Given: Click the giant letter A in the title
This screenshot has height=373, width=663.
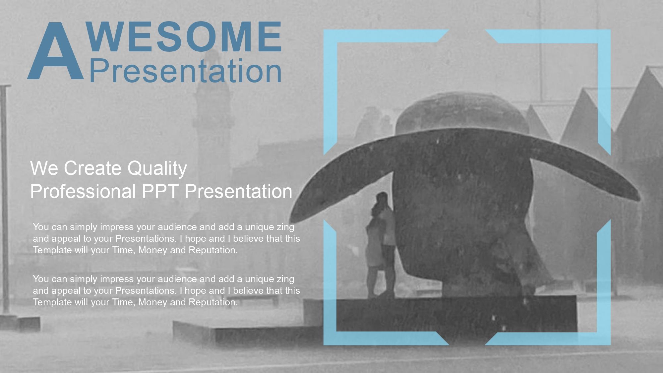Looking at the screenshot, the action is tap(55, 51).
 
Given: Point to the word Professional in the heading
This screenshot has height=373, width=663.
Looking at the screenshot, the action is tap(83, 191).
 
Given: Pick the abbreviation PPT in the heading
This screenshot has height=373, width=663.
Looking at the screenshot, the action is tap(160, 191).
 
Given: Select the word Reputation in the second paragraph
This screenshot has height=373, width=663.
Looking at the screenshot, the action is tap(213, 302).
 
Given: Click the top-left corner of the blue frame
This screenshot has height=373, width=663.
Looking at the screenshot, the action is tap(324, 30).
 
